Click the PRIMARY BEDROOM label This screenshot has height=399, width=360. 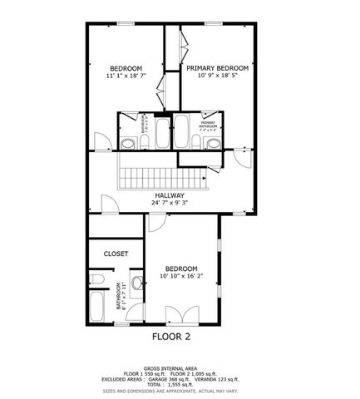[217, 68]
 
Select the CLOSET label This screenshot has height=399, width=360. [116, 254]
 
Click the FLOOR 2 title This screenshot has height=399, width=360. [170, 337]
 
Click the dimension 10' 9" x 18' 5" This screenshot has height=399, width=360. [217, 76]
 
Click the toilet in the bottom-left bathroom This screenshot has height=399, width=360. [97, 278]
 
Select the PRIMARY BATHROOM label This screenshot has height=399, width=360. [208, 126]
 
